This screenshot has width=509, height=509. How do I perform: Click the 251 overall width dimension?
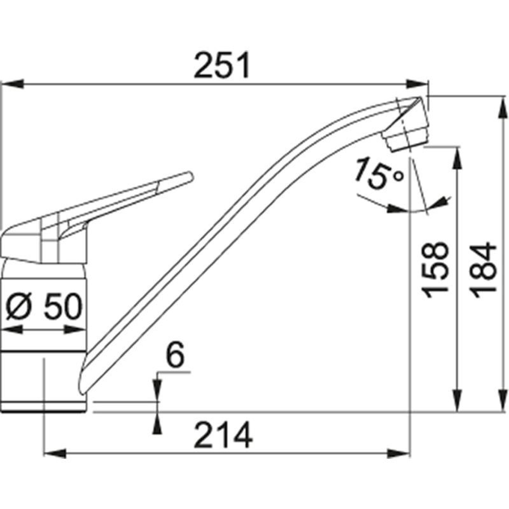(221, 66)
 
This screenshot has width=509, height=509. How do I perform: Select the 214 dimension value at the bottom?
(223, 436)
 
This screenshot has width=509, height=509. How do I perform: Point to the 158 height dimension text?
(437, 270)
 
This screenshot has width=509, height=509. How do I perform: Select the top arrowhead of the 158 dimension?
(456, 160)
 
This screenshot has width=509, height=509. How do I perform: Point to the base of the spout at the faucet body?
(85, 374)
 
